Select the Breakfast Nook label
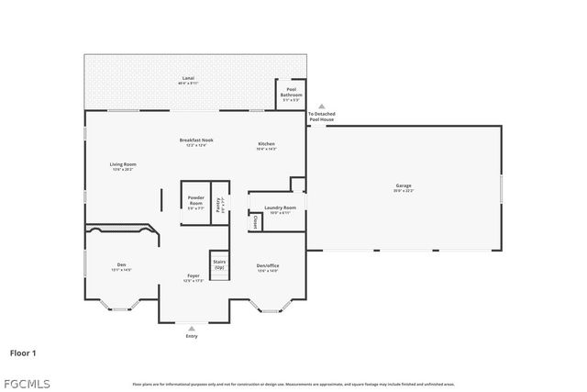pos(196,141)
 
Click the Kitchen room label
pos(266,145)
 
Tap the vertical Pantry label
pos(218,204)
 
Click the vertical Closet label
pos(254,221)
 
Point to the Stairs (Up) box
pos(218,263)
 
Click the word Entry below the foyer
pos(192,336)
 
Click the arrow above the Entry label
pos(192,328)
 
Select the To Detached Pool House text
pos(321,118)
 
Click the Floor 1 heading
pos(24,353)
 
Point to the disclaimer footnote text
pos(293,384)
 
